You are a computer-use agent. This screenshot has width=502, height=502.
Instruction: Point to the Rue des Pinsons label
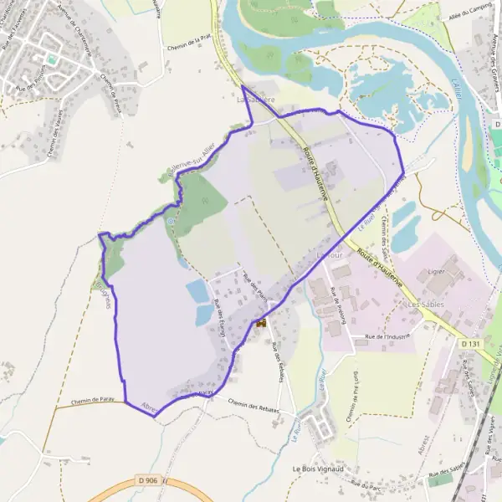pyautogui.click(x=31, y=87)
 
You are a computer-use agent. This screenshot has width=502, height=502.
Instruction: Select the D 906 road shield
pyautogui.click(x=151, y=481)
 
